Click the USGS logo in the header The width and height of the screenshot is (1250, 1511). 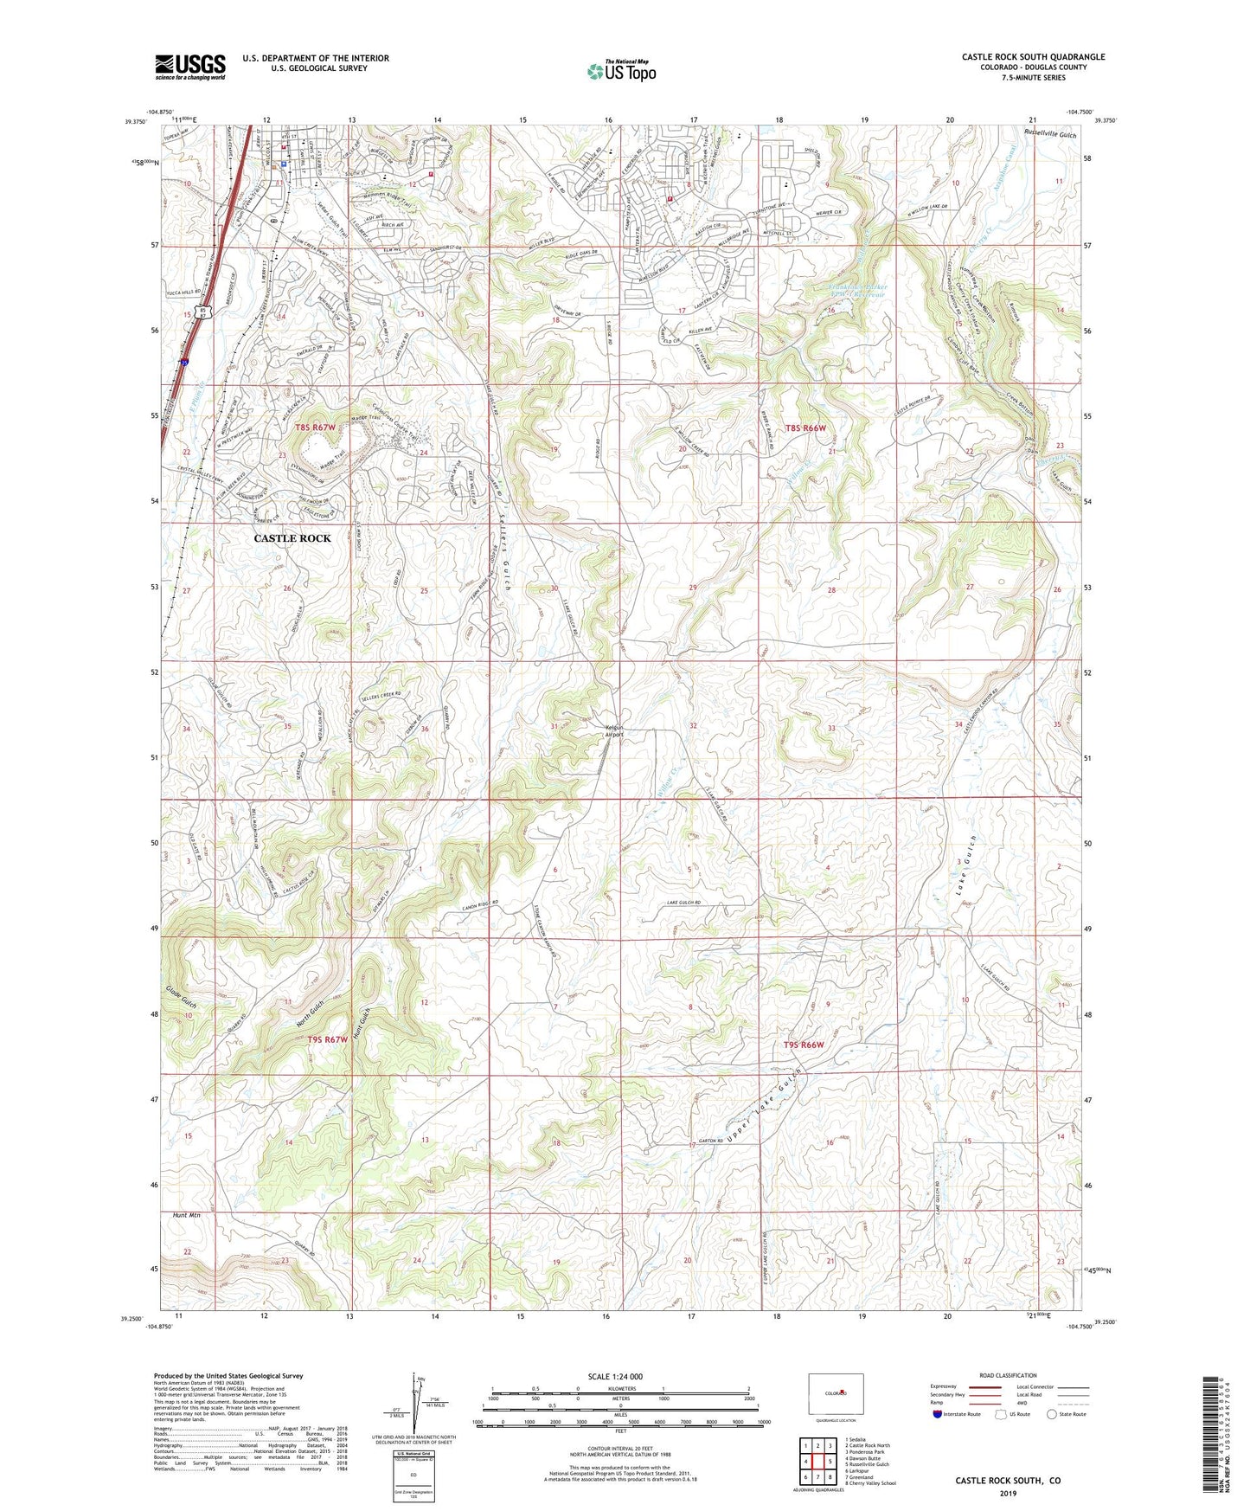tap(189, 67)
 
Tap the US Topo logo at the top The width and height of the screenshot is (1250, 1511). tap(620, 71)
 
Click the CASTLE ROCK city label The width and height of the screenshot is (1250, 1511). tap(292, 538)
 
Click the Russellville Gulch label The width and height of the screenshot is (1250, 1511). tap(1049, 134)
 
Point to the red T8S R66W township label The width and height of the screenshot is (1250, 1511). tap(805, 428)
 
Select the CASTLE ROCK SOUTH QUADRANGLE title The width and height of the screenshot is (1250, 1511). tap(1033, 57)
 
